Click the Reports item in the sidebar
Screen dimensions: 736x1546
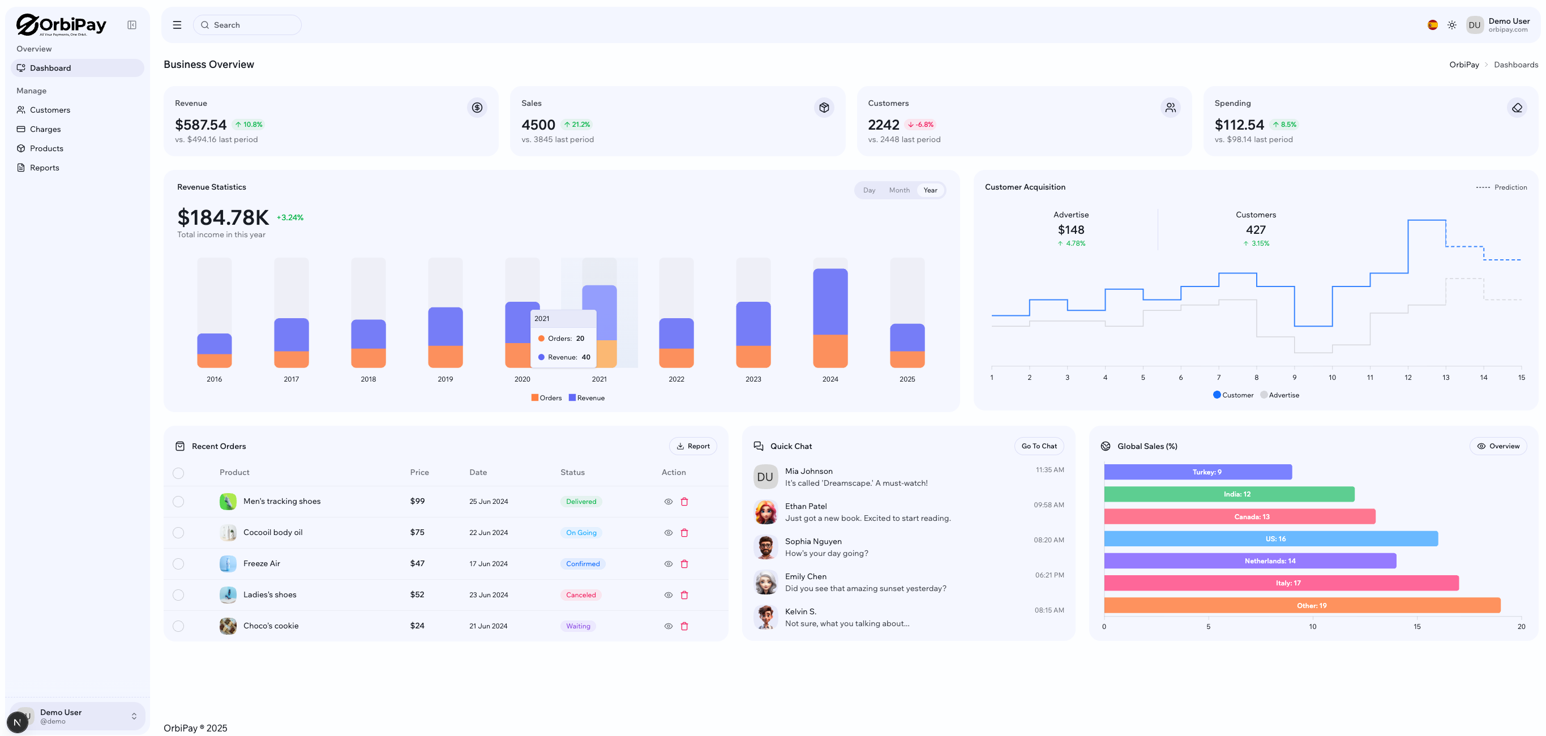44,168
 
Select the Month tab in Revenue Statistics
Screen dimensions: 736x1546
898,190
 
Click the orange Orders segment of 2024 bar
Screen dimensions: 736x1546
829,350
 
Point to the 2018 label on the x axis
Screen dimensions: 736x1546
368,379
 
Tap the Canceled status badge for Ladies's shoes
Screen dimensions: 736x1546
580,595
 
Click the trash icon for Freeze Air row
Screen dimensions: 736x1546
684,564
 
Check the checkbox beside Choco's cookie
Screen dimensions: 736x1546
178,626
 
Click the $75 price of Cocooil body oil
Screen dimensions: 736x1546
417,533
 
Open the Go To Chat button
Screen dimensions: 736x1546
1038,446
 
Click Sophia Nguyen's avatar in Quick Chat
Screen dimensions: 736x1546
765,547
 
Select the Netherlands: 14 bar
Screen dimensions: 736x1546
1249,561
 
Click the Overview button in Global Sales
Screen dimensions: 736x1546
1497,446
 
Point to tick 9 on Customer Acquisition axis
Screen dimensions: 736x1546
1294,378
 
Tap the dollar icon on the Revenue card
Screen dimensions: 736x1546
477,108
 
